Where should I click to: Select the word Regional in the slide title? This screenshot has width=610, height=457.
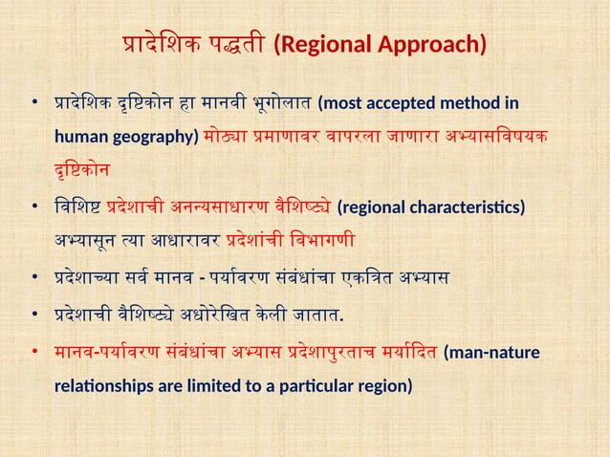coord(321,45)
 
